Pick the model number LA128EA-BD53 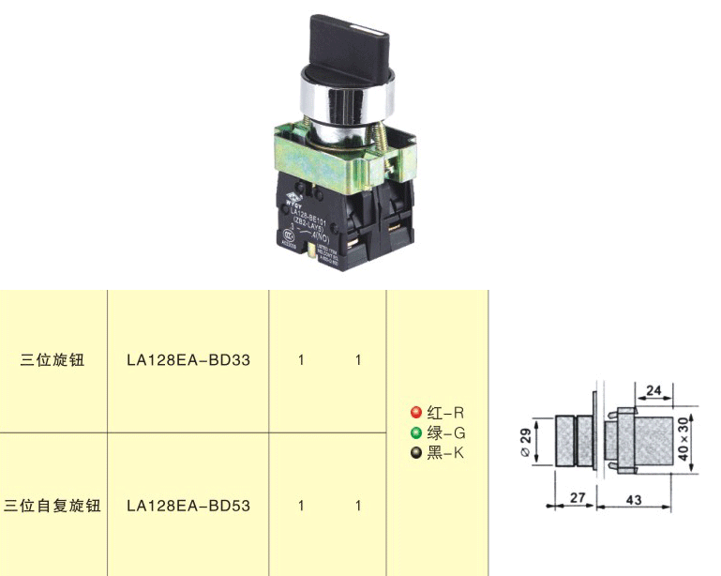(188, 506)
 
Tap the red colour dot (416, 413)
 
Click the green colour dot (416, 433)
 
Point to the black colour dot (416, 454)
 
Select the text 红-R (445, 413)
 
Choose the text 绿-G (446, 433)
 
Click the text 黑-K (445, 454)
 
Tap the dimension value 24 (654, 390)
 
